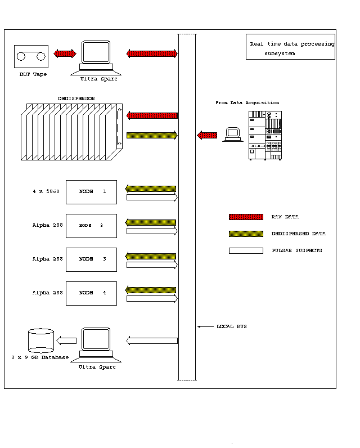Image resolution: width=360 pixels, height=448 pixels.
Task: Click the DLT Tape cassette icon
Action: tap(31, 56)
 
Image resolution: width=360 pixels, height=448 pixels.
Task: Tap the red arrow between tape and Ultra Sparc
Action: tap(65, 53)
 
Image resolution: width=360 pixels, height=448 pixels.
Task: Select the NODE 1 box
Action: tap(91, 192)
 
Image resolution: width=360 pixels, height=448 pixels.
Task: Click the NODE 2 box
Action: tap(91, 226)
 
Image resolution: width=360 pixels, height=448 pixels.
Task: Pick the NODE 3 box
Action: tap(91, 259)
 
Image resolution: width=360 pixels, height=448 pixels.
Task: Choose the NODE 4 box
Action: tap(91, 293)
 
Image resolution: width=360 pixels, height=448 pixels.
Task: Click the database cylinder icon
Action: tap(41, 341)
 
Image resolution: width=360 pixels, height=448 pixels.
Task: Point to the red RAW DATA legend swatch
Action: tap(246, 217)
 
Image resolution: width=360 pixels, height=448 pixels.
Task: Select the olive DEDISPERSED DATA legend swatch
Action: tap(246, 234)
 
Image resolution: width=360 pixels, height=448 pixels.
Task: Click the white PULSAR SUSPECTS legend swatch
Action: tap(246, 250)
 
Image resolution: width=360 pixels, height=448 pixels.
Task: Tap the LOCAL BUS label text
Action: tap(231, 326)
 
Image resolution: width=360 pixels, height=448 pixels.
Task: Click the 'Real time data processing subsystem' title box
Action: tap(290, 48)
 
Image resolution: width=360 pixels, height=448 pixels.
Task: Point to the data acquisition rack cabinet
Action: tap(265, 136)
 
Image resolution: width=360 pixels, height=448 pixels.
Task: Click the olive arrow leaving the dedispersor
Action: tap(152, 135)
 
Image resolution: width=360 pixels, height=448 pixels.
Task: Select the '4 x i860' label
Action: tap(46, 192)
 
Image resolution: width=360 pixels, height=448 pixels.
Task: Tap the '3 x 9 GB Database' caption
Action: tap(40, 357)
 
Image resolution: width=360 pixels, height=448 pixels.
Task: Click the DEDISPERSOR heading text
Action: tap(76, 98)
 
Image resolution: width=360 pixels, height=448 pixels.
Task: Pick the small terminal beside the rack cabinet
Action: tap(232, 135)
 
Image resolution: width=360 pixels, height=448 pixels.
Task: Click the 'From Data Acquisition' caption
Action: tap(247, 103)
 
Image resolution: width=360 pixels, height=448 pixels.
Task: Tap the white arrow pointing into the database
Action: tap(67, 341)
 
